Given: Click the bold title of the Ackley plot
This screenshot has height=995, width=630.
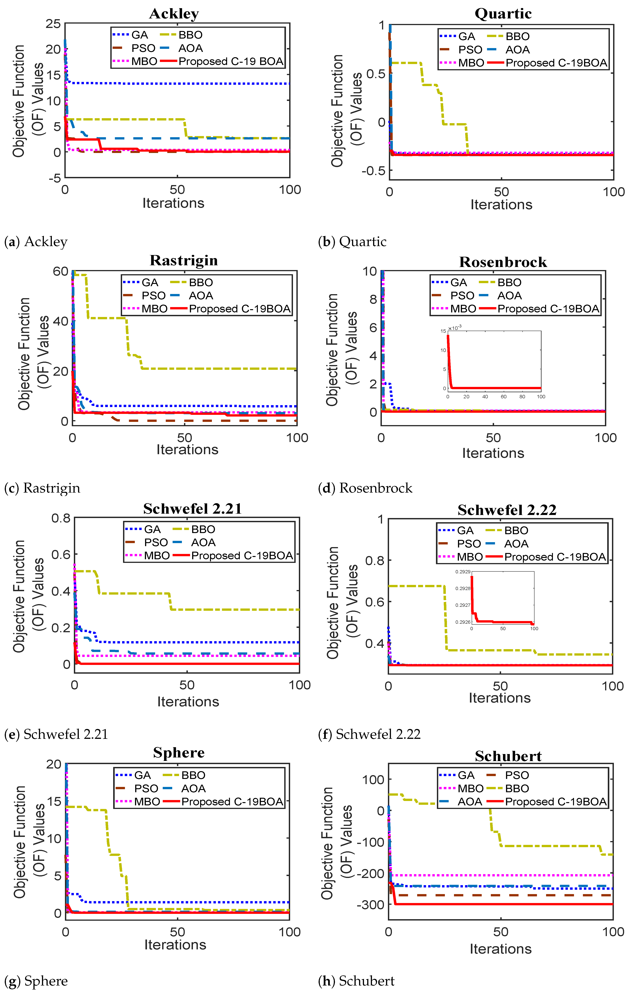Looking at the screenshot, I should click(x=174, y=14).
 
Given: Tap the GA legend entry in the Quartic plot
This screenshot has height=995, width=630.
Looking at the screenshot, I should click(x=467, y=36).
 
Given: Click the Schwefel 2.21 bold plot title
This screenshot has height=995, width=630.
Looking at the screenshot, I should click(x=192, y=509).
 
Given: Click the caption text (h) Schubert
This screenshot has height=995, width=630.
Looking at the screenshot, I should click(x=356, y=981).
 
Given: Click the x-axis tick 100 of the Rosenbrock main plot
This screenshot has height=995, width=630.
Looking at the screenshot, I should click(x=605, y=438).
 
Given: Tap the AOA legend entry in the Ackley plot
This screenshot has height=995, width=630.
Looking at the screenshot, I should click(x=190, y=48).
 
